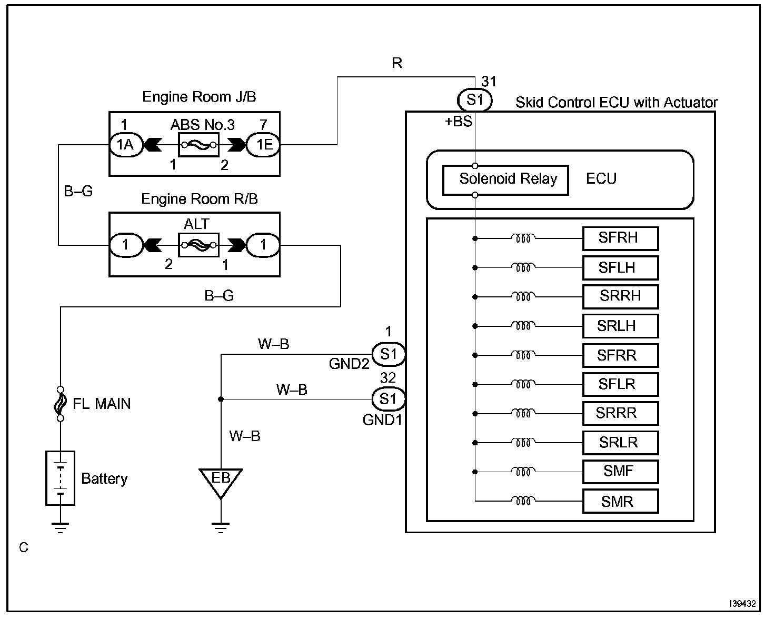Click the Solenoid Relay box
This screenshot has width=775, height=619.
[505, 180]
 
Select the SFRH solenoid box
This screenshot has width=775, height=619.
[620, 238]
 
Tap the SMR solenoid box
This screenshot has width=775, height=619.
[620, 502]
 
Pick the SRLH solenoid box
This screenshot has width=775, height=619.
[620, 326]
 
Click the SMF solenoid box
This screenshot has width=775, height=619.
[620, 472]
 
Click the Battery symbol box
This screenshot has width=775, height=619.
[61, 478]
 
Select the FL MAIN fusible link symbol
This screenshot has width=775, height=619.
[61, 404]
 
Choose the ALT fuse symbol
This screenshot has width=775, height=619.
[198, 245]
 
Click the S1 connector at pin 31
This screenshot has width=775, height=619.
[475, 100]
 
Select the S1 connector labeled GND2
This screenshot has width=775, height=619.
[389, 354]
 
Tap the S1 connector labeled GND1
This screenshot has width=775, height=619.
[389, 399]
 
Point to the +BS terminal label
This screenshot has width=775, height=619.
[458, 122]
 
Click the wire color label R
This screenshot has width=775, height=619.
[397, 64]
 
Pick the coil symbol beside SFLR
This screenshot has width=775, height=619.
[523, 385]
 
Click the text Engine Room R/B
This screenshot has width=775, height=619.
[200, 199]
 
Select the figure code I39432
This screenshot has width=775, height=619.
[742, 604]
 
